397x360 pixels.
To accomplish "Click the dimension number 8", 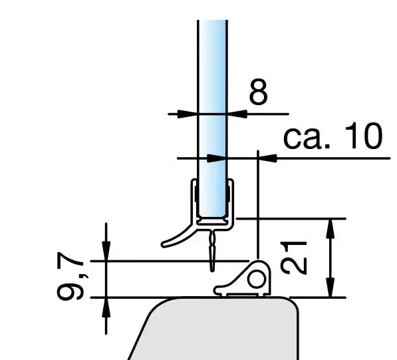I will coord(258,93).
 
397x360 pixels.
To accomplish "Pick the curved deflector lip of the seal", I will coord(174,236).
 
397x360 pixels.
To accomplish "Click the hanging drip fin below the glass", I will coord(212,252).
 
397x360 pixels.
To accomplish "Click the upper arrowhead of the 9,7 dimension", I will coord(105,253).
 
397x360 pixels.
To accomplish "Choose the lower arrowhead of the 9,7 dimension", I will coord(105,304).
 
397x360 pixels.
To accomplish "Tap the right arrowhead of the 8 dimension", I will coord(235,114).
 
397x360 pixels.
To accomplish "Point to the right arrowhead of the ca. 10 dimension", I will coord(265,158).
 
